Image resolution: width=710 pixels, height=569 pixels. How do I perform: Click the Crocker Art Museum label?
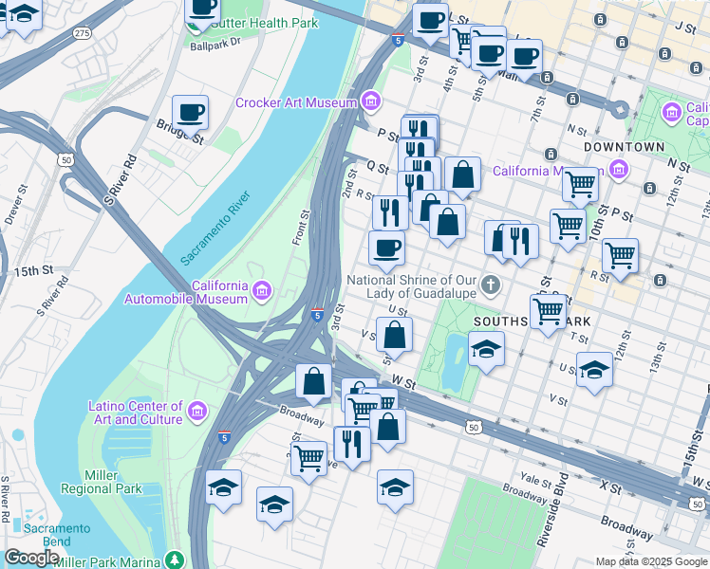pyautogui.click(x=295, y=102)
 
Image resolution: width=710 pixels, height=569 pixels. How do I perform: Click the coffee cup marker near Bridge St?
pyautogui.click(x=190, y=113)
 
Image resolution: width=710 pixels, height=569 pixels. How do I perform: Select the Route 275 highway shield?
pyautogui.click(x=83, y=33)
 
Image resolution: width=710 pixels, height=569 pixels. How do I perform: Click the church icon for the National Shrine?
pyautogui.click(x=490, y=284)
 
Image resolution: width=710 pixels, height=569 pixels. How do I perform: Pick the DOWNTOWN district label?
pyautogui.click(x=624, y=147)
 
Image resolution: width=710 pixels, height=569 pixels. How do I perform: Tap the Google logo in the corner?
pyautogui.click(x=31, y=558)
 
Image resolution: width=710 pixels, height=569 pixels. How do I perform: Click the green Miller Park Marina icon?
pyautogui.click(x=173, y=560)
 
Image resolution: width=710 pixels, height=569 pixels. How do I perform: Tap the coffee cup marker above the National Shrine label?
pyautogui.click(x=386, y=248)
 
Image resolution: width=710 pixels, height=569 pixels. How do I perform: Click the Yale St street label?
pyautogui.click(x=533, y=479)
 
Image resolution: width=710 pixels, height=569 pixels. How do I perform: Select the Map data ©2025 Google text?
pyautogui.click(x=651, y=561)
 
